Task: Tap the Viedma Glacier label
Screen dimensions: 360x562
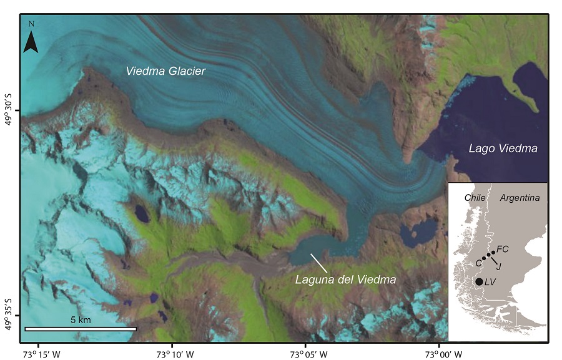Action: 165,71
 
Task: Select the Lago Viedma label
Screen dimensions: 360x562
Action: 503,148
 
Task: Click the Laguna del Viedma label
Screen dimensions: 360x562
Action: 345,280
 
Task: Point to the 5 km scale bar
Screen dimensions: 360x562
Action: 81,328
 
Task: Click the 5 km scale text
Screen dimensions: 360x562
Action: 81,319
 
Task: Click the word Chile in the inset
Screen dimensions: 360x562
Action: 475,198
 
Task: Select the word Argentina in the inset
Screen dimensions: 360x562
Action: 520,198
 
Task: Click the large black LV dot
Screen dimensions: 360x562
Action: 479,282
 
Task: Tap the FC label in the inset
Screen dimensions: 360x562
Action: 503,249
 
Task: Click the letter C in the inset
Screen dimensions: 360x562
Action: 478,263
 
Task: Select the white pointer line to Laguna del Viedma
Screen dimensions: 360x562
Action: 318,261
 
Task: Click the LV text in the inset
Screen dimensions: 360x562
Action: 490,283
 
